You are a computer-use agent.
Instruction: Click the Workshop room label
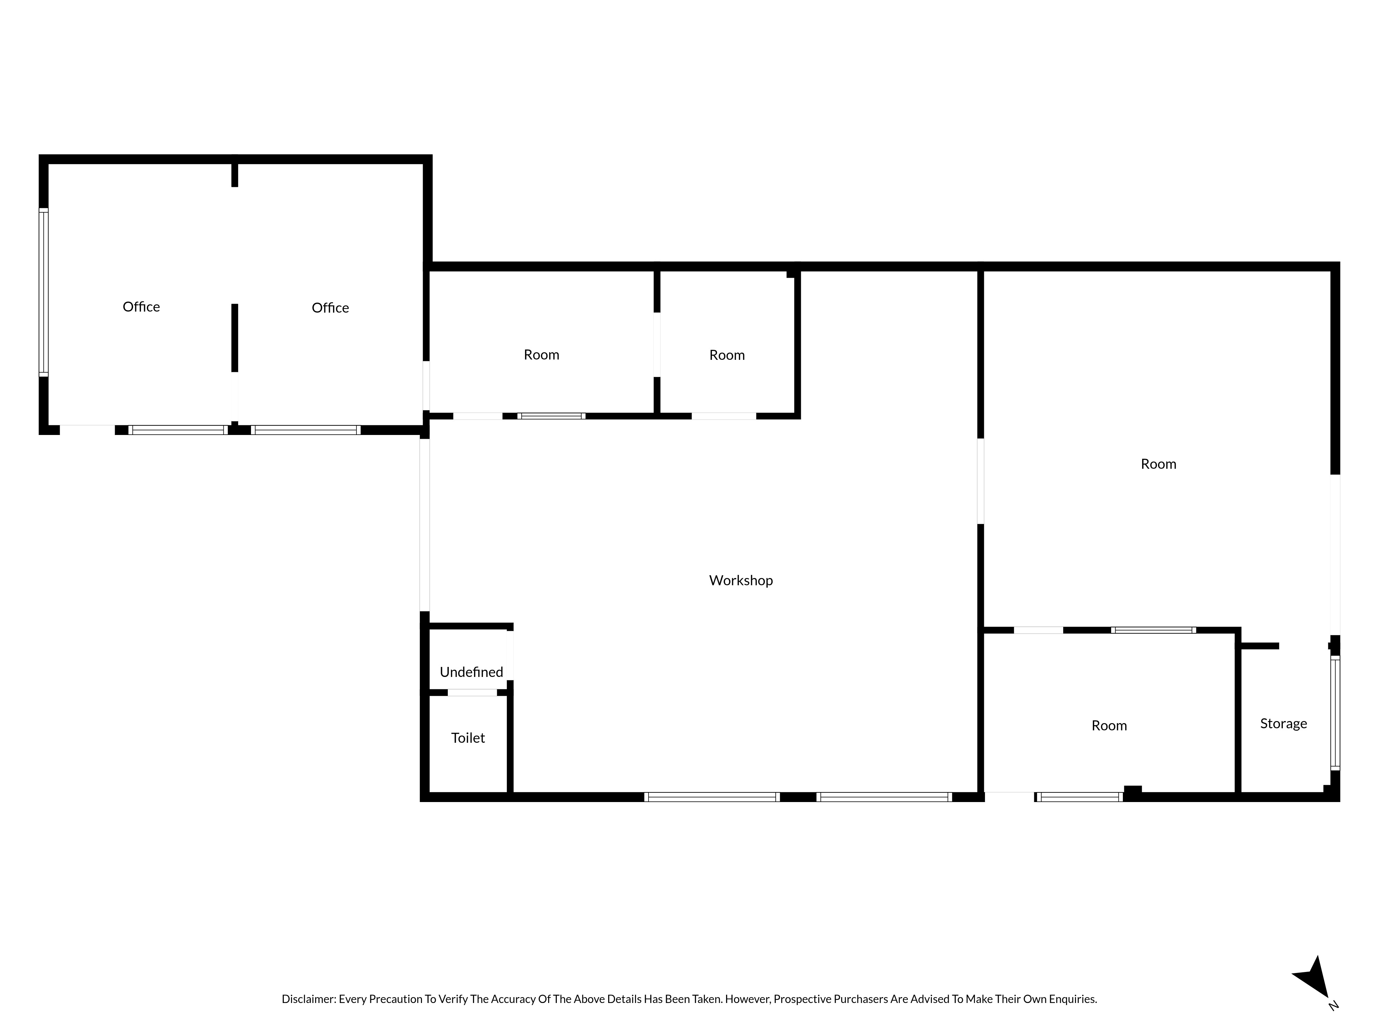741,580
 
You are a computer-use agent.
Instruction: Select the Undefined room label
471,672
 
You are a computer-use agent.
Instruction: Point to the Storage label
1284,723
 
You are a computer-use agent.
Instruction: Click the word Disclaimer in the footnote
309,1016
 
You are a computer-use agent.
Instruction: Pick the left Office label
141,307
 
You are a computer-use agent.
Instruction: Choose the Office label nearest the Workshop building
330,308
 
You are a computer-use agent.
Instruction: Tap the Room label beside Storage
1109,726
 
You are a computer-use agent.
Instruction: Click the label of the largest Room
1158,464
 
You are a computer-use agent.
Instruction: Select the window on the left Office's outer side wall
44,292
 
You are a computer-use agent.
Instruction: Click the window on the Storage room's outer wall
1335,712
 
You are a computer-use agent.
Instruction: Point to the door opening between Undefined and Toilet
472,692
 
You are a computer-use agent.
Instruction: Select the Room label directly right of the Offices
541,355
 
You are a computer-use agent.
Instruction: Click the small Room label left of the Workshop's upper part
727,355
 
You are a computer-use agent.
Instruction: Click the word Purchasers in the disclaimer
861,1016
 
